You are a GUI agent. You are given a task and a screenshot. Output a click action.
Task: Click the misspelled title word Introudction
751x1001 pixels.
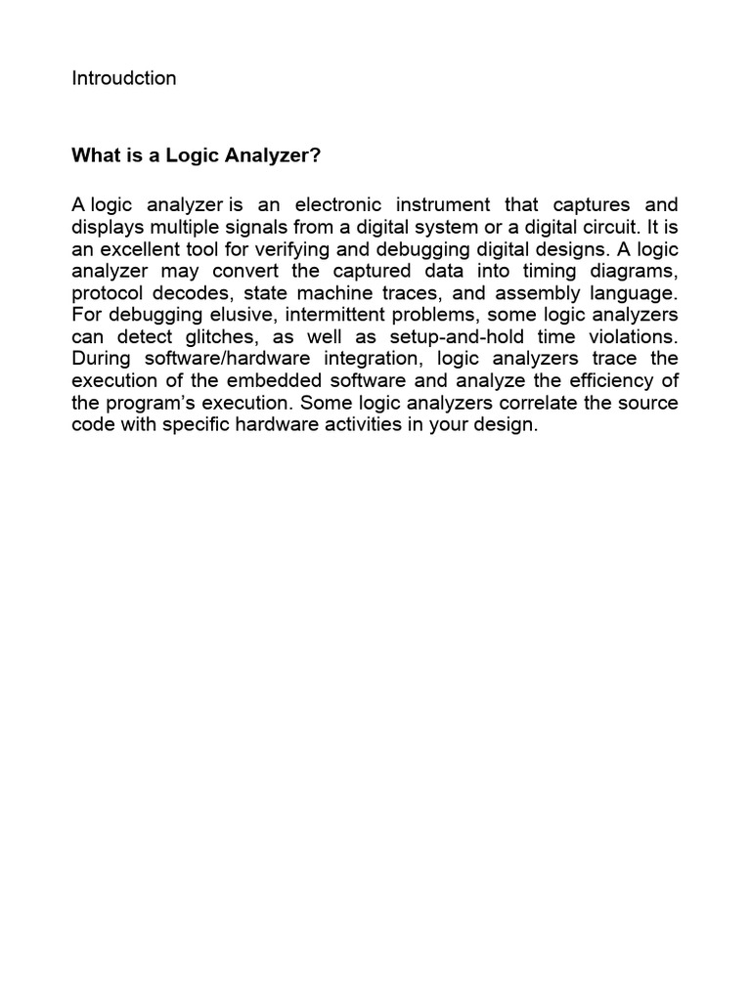click(123, 78)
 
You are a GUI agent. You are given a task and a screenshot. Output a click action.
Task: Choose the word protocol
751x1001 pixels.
click(105, 292)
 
